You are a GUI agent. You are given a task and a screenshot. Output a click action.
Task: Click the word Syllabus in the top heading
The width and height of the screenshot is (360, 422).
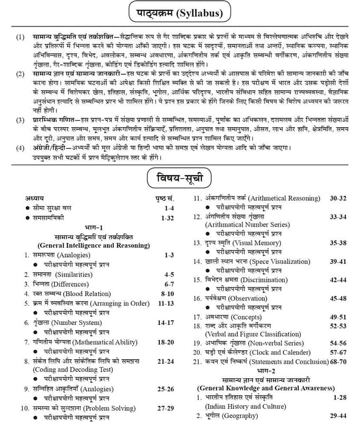click(x=198, y=13)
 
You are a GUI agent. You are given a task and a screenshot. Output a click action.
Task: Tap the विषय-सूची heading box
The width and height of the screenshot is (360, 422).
click(x=180, y=175)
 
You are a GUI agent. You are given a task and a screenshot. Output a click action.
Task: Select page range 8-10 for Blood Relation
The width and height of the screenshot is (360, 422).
click(x=167, y=293)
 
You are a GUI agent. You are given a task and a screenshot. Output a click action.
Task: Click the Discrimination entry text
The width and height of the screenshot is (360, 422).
click(x=253, y=280)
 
